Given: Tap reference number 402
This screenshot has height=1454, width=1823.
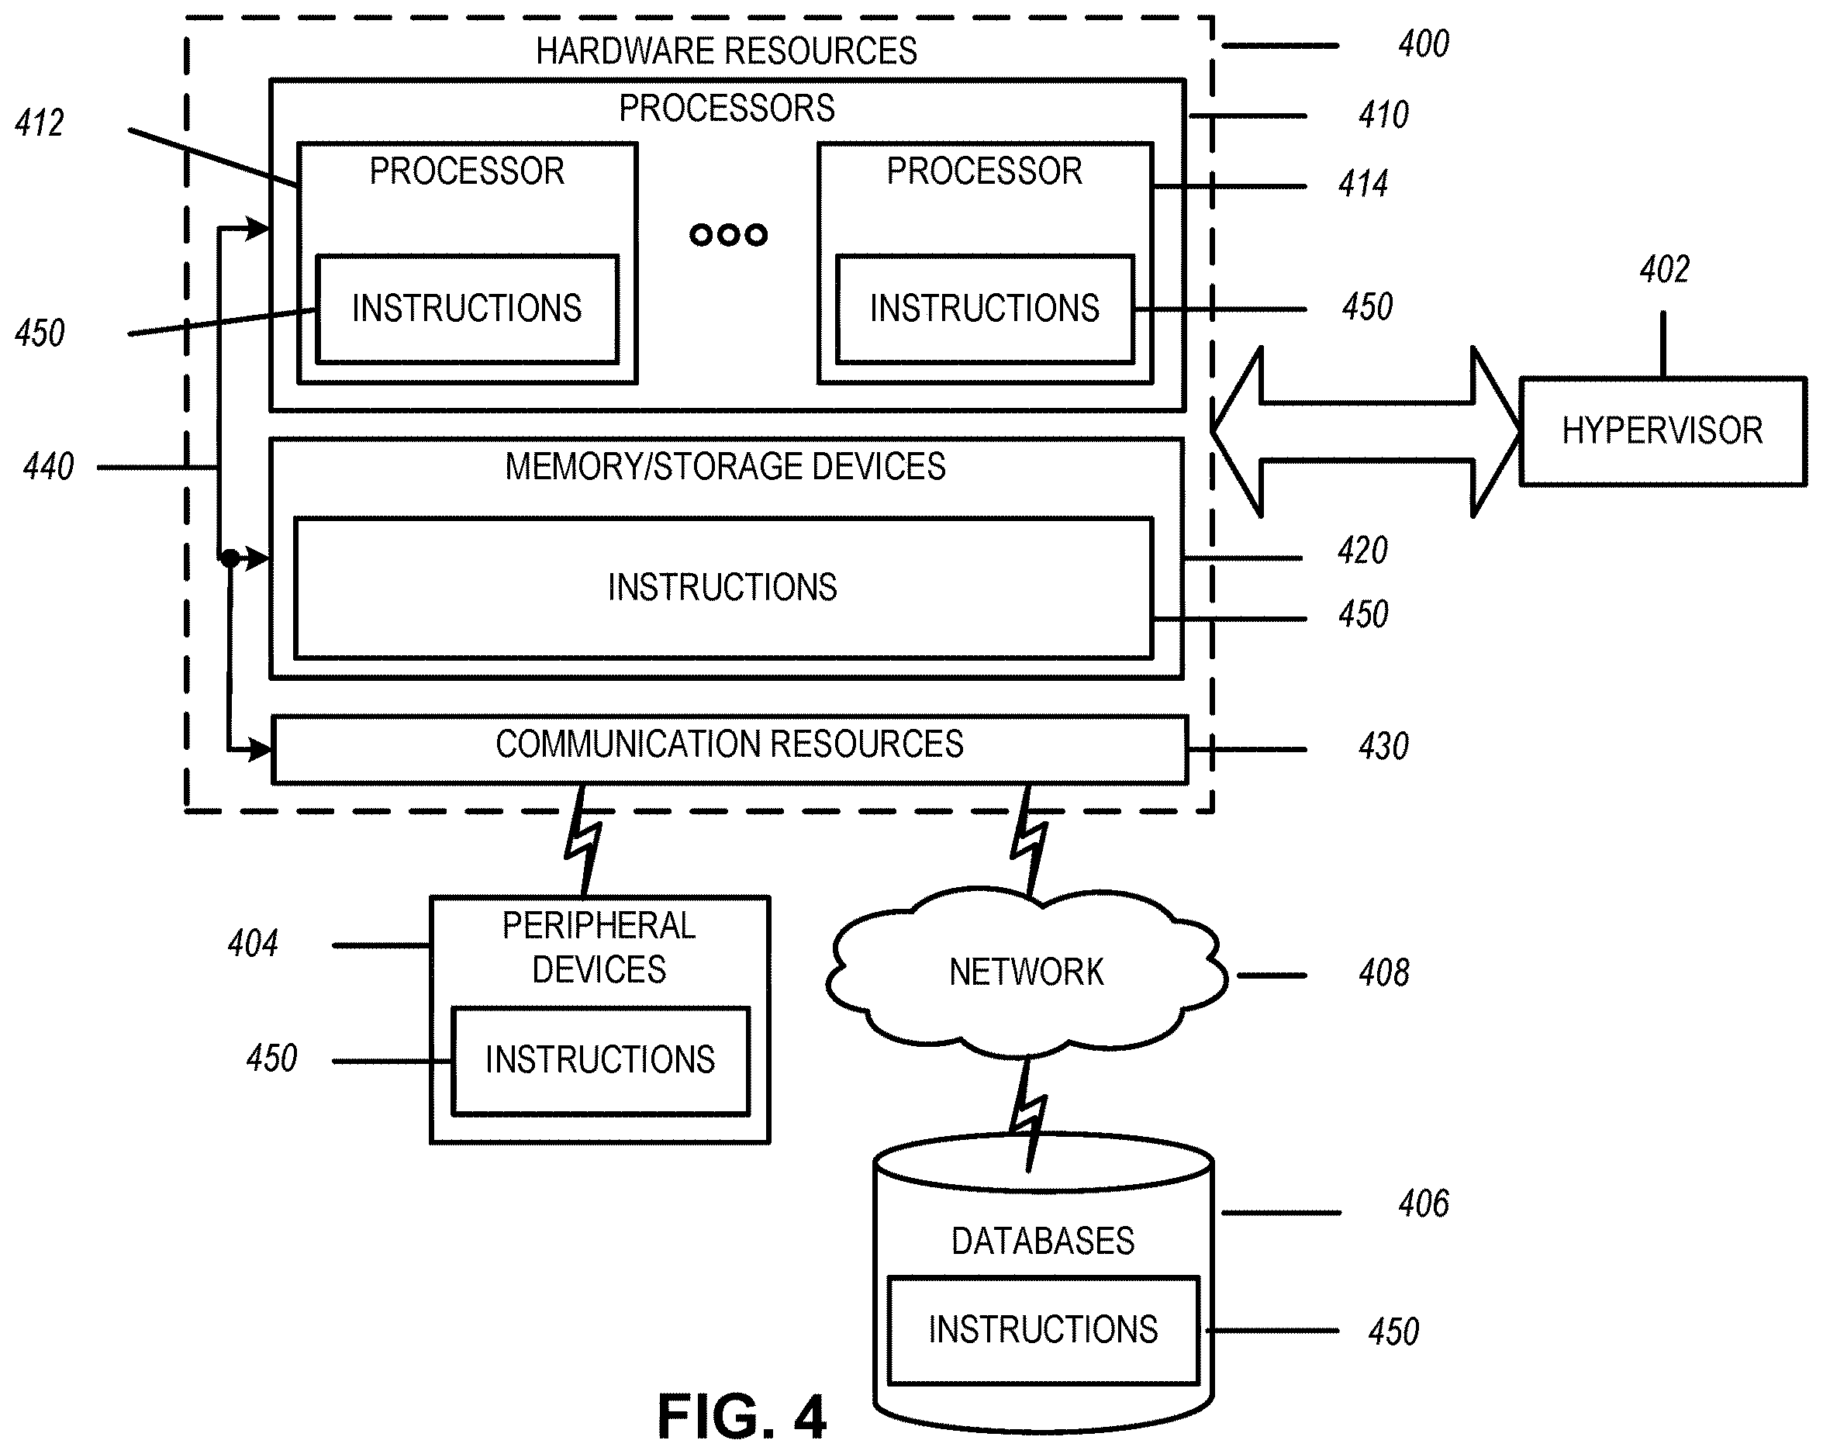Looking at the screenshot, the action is tap(1664, 270).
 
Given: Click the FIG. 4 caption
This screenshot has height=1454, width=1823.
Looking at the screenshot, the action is tap(741, 1417).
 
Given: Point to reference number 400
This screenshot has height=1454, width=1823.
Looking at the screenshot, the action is tap(1424, 44).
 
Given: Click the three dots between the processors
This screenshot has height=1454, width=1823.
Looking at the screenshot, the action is tap(728, 234).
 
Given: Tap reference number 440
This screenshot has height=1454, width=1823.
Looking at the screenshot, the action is tap(48, 466).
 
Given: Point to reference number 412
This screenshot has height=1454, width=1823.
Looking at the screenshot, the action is tap(40, 123).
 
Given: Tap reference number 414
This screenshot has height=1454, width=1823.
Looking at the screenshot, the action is tap(1363, 185).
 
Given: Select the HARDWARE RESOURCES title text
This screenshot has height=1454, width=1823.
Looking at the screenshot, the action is tap(727, 50).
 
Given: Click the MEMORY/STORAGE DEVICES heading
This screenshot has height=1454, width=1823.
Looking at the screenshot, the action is tap(726, 467).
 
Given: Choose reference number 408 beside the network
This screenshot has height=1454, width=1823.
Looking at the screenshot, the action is tap(1384, 973).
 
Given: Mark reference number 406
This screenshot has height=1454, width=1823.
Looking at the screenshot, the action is tap(1424, 1204).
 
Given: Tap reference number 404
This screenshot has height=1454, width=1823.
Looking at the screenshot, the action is tap(253, 944).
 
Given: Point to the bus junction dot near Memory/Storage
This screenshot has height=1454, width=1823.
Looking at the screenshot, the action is tap(230, 558).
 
